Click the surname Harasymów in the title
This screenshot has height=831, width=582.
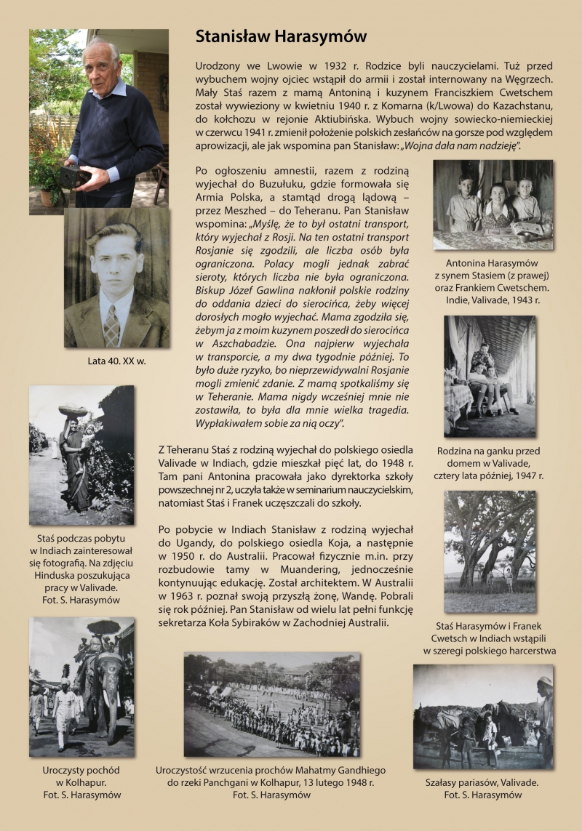pos(320,36)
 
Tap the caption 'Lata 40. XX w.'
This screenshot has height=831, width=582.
pos(116,360)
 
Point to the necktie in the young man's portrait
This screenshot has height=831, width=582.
pos(111,324)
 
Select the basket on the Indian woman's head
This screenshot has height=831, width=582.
pos(73,411)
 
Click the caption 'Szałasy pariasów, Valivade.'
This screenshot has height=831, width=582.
pos(482,782)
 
